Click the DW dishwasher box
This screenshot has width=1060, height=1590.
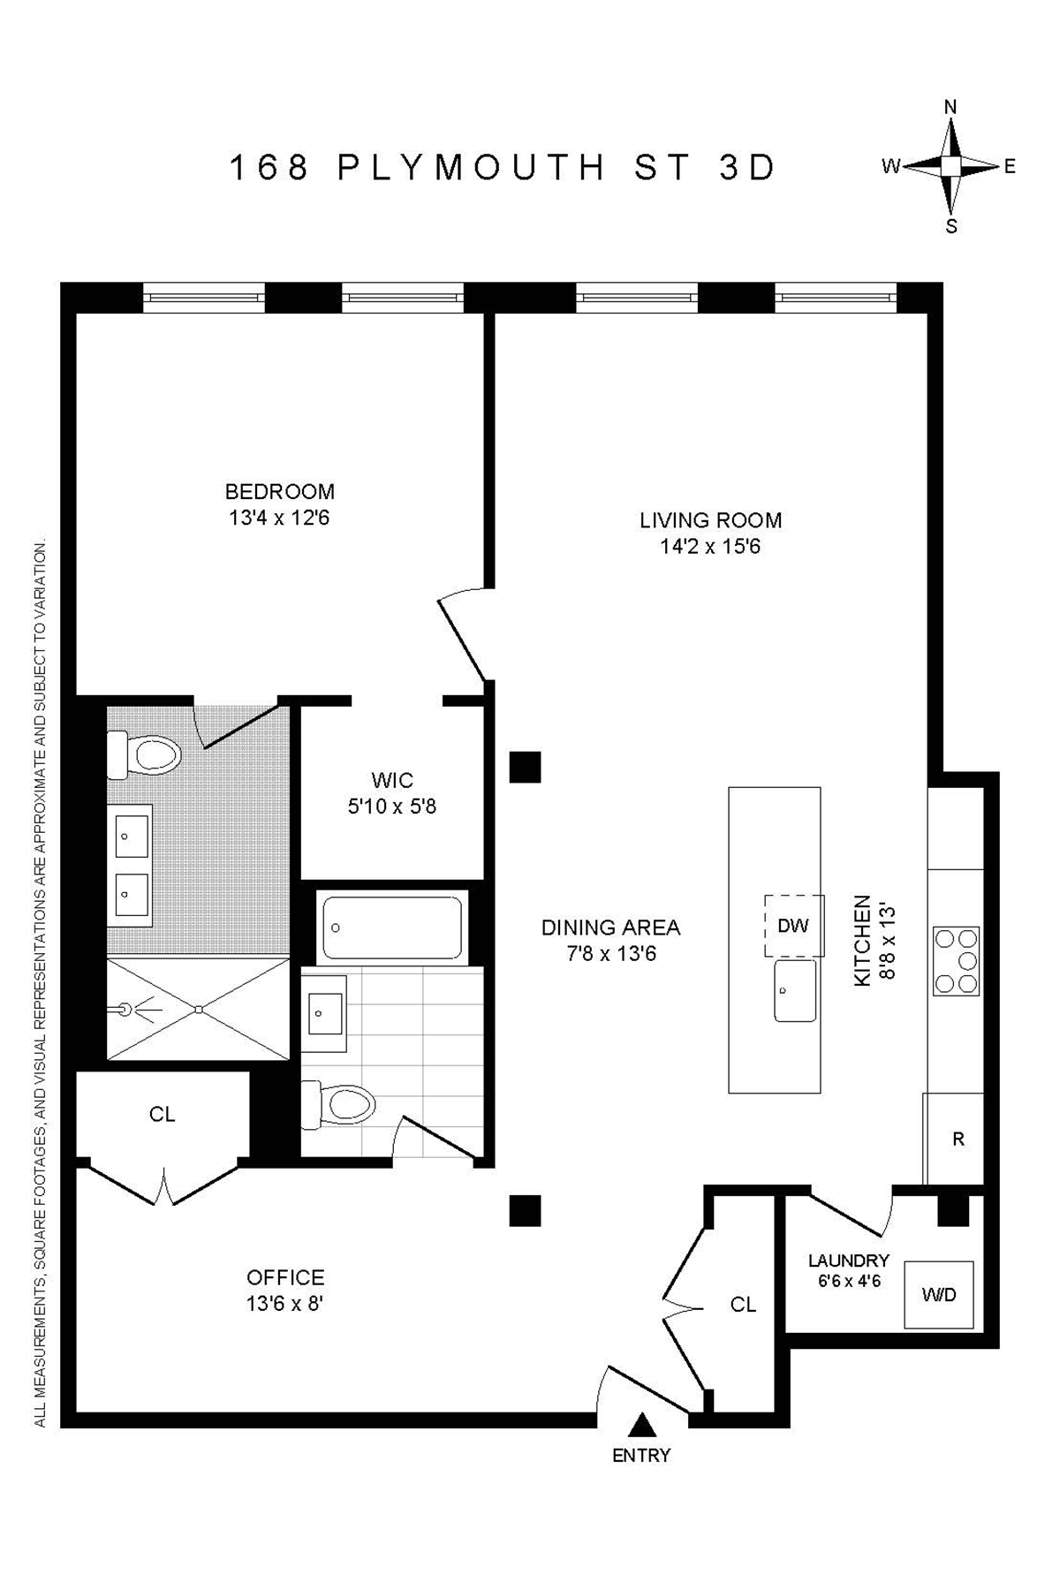point(793,925)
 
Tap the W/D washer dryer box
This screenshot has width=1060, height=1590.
point(938,1295)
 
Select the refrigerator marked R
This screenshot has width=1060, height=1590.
point(958,1139)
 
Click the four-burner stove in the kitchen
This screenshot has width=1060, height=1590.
point(956,961)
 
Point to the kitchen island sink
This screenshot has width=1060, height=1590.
point(795,990)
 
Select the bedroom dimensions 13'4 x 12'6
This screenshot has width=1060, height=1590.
point(279,518)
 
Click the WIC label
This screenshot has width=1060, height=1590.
point(392,780)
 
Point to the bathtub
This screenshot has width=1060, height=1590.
point(392,927)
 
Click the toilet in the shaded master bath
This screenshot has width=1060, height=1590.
point(146,756)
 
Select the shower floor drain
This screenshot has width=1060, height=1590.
point(201,1009)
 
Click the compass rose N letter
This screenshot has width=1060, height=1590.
point(950,107)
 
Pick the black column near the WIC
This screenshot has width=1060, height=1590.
point(525,766)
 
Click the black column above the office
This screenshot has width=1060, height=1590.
point(525,1210)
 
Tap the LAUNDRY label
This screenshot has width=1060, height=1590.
point(848,1261)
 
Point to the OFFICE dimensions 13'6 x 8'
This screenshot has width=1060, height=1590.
point(285,1303)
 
